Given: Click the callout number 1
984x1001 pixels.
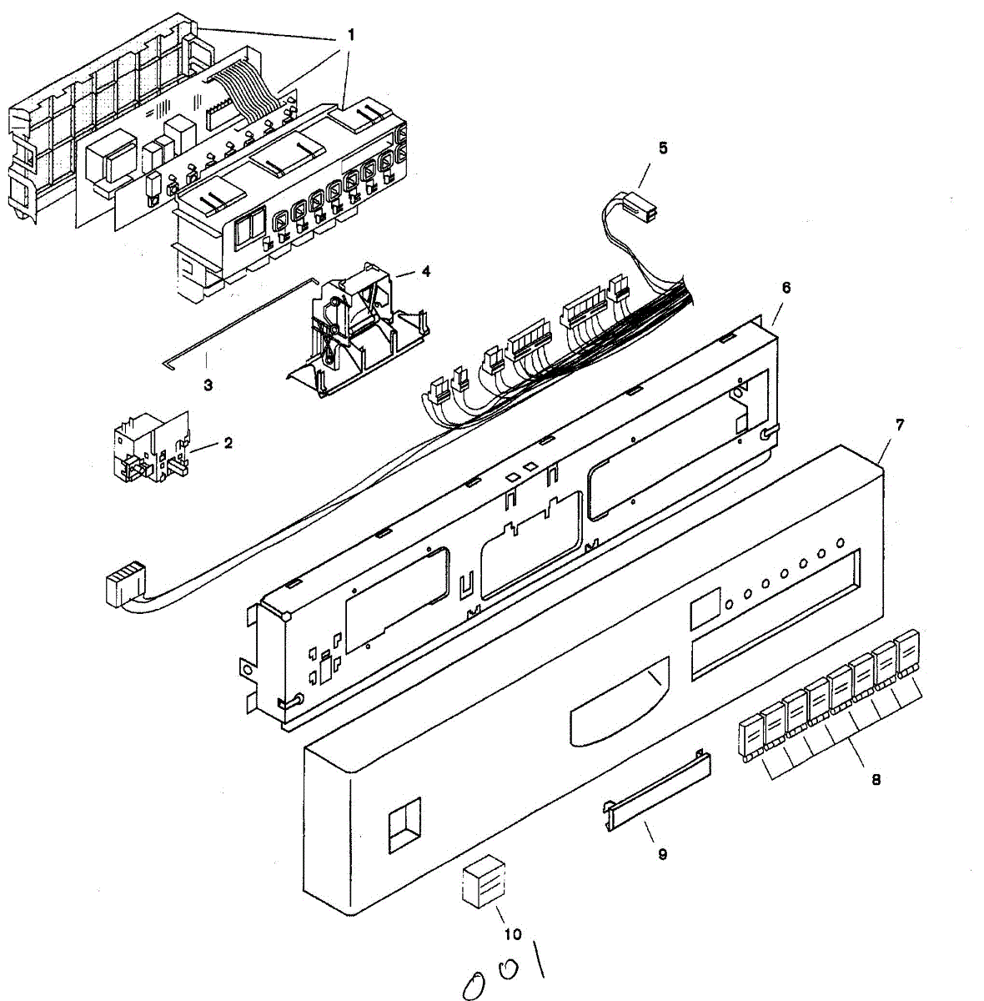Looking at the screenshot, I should (x=351, y=35).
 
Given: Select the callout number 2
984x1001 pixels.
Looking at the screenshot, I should (x=228, y=442).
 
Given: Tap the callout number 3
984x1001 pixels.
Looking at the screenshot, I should (x=208, y=385).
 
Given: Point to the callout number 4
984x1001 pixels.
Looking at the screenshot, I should (x=426, y=271).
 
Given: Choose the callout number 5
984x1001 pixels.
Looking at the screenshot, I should (x=663, y=148).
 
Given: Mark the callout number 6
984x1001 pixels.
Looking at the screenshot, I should (x=786, y=287).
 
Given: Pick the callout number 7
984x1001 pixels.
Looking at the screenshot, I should (x=900, y=424).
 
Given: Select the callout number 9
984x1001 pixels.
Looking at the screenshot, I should (x=663, y=854).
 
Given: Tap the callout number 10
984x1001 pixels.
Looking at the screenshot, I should (x=513, y=934).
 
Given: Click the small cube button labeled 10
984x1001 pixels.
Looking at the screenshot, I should (x=484, y=883).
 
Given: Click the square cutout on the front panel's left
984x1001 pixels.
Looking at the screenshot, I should (x=404, y=826).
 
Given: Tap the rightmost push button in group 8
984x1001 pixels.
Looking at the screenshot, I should (x=907, y=656).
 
